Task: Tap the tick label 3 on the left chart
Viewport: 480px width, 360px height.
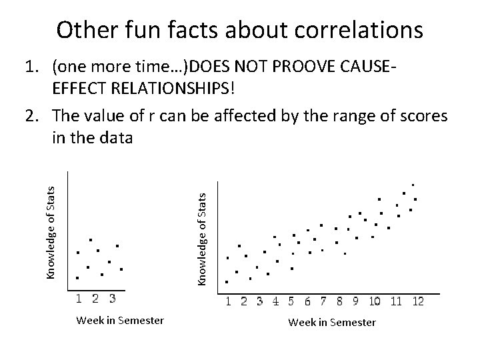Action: [113, 298]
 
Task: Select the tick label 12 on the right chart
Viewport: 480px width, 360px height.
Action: [417, 301]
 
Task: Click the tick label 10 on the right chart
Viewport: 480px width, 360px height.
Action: [375, 301]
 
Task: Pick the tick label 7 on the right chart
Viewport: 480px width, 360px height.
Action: [323, 301]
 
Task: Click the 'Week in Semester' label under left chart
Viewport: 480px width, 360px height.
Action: [120, 321]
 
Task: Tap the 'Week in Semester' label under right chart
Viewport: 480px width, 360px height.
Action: [332, 323]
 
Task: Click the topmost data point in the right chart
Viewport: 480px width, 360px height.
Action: [413, 185]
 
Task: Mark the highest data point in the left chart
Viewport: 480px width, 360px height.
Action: [91, 240]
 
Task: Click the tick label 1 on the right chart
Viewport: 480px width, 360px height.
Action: [229, 301]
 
